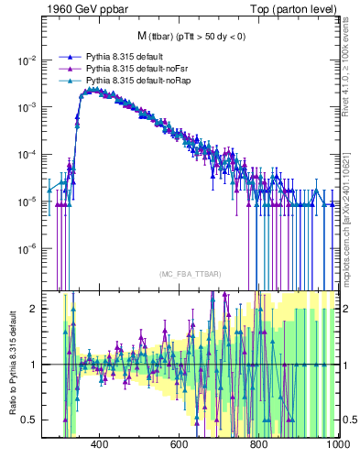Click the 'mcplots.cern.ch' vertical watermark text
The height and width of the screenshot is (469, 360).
pyautogui.click(x=351, y=229)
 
